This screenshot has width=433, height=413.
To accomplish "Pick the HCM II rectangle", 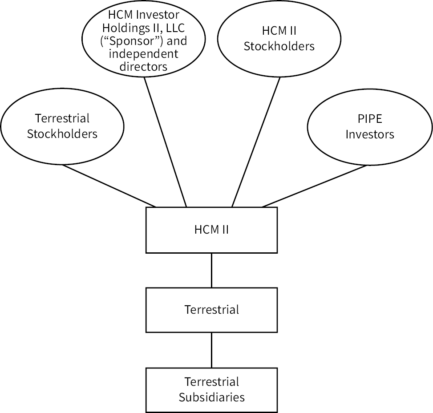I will point(211,230).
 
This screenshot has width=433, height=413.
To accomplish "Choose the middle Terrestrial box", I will point(211,309).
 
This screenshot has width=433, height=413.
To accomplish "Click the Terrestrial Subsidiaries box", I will point(211,389).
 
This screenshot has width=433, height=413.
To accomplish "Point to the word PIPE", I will point(370,119).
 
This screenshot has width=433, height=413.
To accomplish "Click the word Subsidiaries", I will point(211,397).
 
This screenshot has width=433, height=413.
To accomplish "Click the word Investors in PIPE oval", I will point(370,134).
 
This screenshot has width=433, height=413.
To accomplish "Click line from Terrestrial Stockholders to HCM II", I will point(109,186).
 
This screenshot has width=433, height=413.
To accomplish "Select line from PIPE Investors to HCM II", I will point(316,186).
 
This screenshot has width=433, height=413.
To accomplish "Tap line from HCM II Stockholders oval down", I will point(256,142).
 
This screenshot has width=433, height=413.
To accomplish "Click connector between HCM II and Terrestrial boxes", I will point(211,270).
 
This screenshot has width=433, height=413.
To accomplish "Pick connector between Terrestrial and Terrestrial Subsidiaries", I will point(211,350).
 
